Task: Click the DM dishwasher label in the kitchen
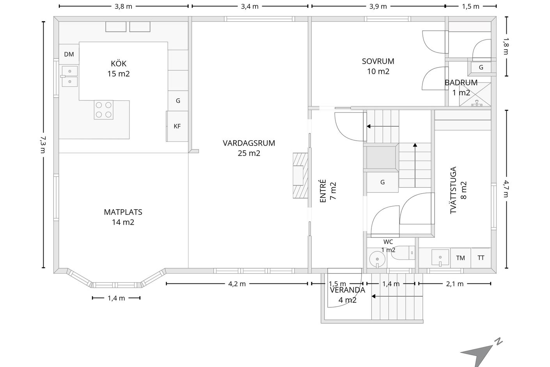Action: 69,54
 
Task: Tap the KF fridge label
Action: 177,126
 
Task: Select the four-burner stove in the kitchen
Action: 104,110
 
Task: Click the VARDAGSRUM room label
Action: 249,143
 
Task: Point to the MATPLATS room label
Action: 123,212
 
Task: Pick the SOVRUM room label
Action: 378,61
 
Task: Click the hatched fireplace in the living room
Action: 300,176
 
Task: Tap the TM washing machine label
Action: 460,258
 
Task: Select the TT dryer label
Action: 481,258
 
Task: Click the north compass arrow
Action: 477,355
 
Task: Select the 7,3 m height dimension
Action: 43,145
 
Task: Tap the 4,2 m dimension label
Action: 237,284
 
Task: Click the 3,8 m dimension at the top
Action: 124,6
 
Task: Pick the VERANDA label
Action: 348,290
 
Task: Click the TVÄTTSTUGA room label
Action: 453,190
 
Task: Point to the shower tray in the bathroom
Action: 475,94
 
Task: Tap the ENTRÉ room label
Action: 323,191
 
